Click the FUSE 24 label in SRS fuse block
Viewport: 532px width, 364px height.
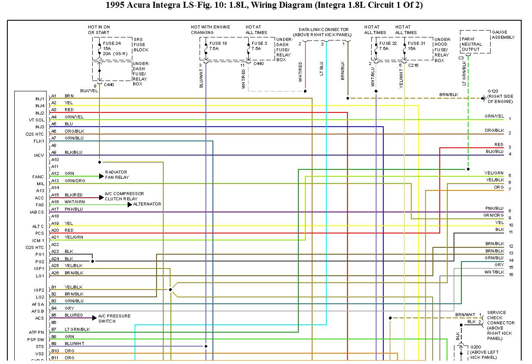click(111, 43)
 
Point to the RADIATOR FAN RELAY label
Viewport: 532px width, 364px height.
click(117, 174)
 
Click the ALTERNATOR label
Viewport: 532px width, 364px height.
click(147, 204)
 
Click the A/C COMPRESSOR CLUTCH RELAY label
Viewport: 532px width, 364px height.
click(124, 196)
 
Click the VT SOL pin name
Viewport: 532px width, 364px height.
click(36, 120)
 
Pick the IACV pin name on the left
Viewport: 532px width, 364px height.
click(39, 155)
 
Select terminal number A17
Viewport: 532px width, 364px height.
click(55, 209)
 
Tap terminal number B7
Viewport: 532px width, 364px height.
click(54, 329)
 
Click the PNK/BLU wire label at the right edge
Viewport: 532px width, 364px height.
click(494, 208)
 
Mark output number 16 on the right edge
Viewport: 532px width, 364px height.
click(510, 274)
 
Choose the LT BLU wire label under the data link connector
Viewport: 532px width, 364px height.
click(321, 69)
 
